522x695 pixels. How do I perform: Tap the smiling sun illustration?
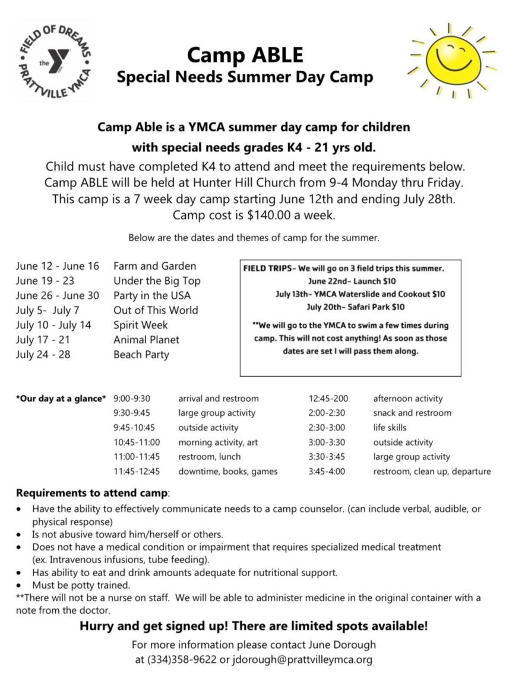tap(453, 59)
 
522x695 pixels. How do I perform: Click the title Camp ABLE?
tap(245, 55)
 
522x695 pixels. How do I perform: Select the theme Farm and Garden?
tap(154, 266)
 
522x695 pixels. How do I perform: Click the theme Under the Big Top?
tap(157, 280)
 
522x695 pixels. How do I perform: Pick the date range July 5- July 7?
tap(48, 310)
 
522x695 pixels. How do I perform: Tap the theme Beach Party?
tap(141, 355)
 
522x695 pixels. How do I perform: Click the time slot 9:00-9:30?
tap(132, 399)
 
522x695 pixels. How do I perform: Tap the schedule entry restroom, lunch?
tap(210, 457)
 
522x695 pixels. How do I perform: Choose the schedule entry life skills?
tap(390, 428)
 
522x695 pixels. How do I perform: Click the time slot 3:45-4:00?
tap(327, 472)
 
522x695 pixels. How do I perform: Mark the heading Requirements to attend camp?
tap(92, 493)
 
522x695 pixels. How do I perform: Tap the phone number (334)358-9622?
tap(186, 659)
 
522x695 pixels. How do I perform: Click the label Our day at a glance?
tap(61, 399)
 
